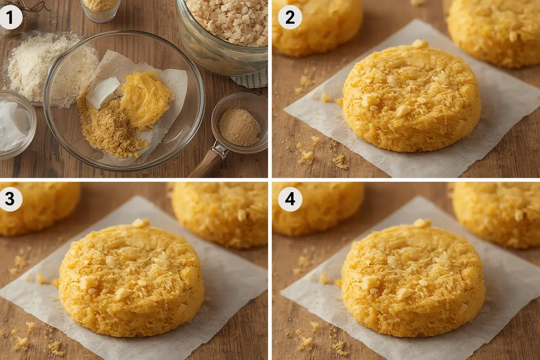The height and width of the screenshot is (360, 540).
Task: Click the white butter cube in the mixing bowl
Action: pyautogui.click(x=104, y=91)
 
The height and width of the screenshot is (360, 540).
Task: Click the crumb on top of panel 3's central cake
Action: pyautogui.click(x=140, y=223)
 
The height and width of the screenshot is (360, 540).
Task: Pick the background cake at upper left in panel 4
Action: pyautogui.click(x=317, y=207)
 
